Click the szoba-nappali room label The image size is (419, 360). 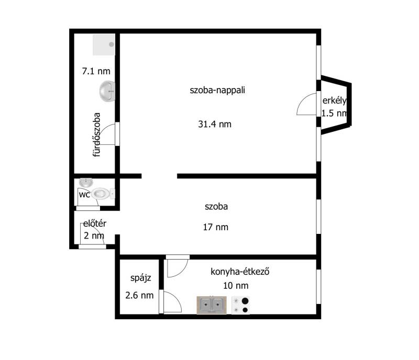pyautogui.click(x=217, y=91)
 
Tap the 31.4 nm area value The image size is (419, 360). pyautogui.click(x=215, y=124)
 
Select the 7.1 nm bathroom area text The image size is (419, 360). pyautogui.click(x=96, y=71)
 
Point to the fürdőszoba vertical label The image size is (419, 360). pyautogui.click(x=96, y=134)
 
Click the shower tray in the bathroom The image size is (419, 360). pyautogui.click(x=104, y=44)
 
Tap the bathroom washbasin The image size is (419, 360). pyautogui.click(x=107, y=92)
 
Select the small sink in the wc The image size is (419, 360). pyautogui.click(x=86, y=183)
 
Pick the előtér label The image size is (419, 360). pyautogui.click(x=95, y=223)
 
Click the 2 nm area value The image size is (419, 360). pyautogui.click(x=94, y=236)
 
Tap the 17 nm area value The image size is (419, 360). pyautogui.click(x=215, y=227)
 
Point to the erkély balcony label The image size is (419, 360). pyautogui.click(x=334, y=100)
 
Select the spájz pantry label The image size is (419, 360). pyautogui.click(x=140, y=278)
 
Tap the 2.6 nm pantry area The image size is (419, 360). pyautogui.click(x=139, y=295)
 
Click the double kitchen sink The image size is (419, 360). pyautogui.click(x=212, y=305)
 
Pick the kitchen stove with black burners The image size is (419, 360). pyautogui.click(x=240, y=305)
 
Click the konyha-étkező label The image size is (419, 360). pyautogui.click(x=240, y=272)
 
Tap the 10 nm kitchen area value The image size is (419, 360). pyautogui.click(x=236, y=286)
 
